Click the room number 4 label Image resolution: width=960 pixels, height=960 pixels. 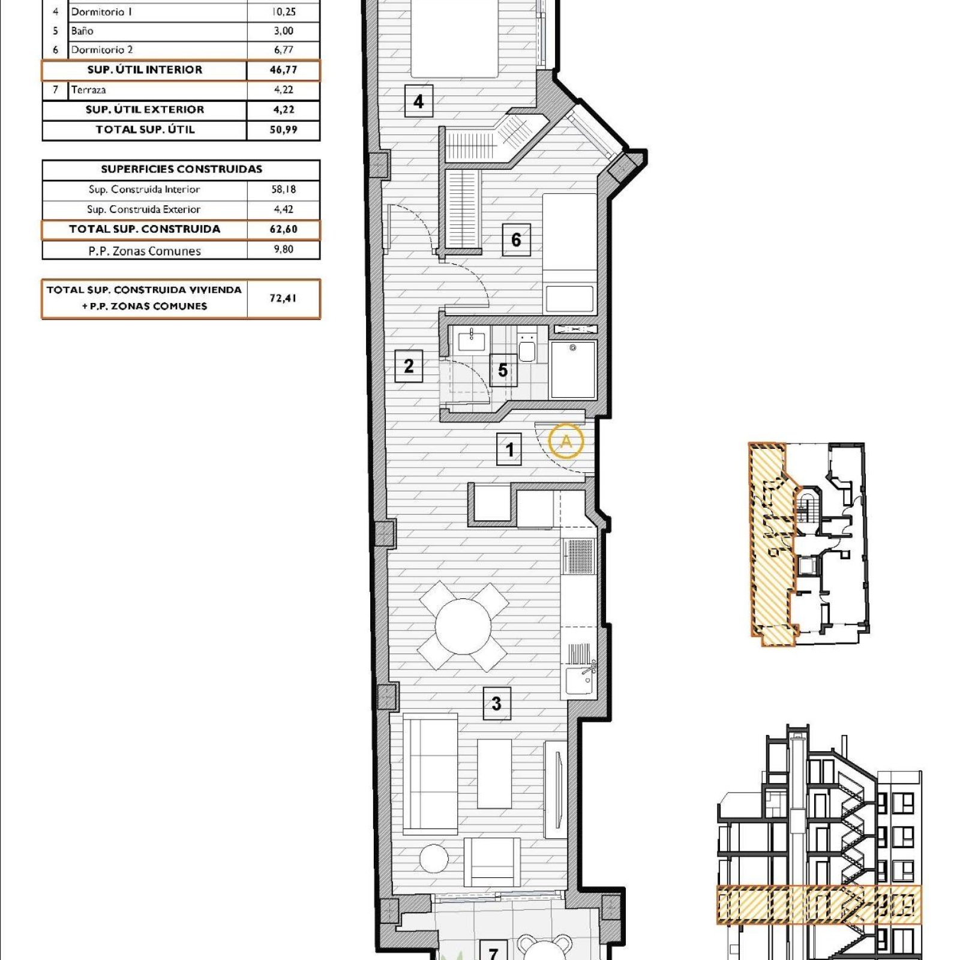pyautogui.click(x=418, y=101)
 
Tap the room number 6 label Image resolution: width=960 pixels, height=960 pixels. pyautogui.click(x=516, y=239)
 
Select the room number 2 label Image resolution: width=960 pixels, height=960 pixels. pyautogui.click(x=409, y=365)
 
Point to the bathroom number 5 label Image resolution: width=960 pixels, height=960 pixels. pyautogui.click(x=503, y=370)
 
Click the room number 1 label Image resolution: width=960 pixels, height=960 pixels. pyautogui.click(x=509, y=449)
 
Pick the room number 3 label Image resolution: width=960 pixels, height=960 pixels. pyautogui.click(x=496, y=703)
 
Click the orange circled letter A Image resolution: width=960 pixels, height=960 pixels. pyautogui.click(x=566, y=441)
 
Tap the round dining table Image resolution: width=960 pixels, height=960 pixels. pyautogui.click(x=463, y=626)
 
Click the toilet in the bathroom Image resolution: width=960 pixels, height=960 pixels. pyautogui.click(x=527, y=347)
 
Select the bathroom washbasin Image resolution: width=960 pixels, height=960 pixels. pyautogui.click(x=472, y=340)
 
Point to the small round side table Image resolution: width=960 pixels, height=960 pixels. pyautogui.click(x=434, y=859)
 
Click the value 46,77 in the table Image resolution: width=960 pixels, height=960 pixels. pyautogui.click(x=283, y=70)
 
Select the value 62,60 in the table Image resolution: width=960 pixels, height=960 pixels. pyautogui.click(x=283, y=229)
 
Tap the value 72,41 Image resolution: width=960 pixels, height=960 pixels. pyautogui.click(x=283, y=298)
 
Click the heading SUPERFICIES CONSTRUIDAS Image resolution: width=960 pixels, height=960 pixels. pyautogui.click(x=181, y=169)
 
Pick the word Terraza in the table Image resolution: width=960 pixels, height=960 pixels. pyautogui.click(x=88, y=90)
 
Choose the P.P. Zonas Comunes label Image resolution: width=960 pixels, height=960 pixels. pyautogui.click(x=145, y=251)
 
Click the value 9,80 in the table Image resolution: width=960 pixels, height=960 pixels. pyautogui.click(x=283, y=249)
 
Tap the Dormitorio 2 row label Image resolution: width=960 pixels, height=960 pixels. pyautogui.click(x=102, y=50)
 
